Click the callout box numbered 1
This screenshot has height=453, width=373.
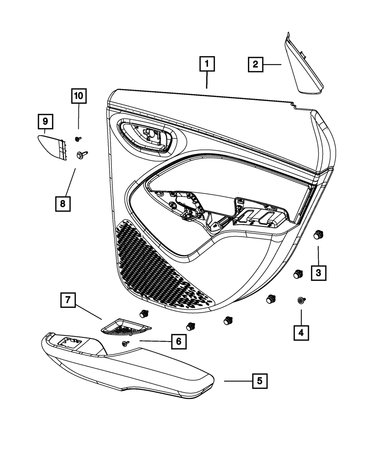point(207,64)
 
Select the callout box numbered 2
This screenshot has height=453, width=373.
point(256,65)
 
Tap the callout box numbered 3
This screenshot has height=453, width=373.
point(319,273)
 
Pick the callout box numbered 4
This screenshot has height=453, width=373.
point(301,333)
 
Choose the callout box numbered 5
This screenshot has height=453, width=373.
point(260,381)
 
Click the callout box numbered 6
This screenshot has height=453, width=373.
point(179,341)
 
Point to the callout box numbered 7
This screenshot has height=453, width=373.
point(68,300)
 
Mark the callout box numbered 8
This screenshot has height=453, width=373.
point(63,204)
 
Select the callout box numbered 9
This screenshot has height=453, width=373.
point(46,122)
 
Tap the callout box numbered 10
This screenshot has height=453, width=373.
point(79,96)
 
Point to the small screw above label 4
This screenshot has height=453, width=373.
point(301,300)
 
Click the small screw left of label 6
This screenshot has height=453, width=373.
point(126,343)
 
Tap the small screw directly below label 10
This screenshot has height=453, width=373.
point(78,139)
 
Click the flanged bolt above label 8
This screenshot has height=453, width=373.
point(81,155)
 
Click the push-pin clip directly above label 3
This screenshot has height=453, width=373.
point(318,235)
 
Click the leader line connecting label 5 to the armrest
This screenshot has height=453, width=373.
point(238,381)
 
